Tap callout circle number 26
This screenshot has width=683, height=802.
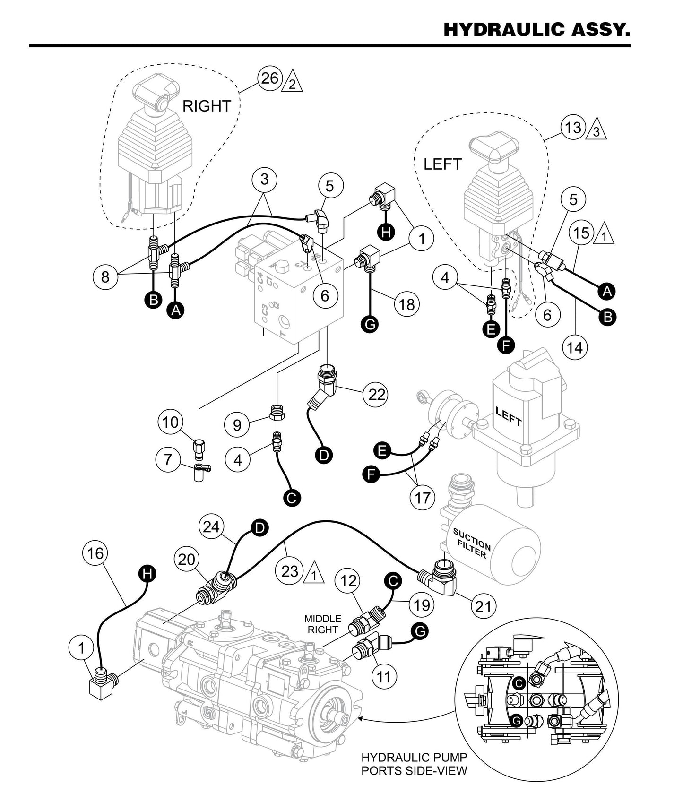click(270, 78)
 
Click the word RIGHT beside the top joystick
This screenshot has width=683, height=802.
click(207, 106)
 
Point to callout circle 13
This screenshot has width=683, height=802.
click(573, 127)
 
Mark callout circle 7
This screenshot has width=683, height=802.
click(169, 459)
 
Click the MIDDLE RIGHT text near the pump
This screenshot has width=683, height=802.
click(323, 624)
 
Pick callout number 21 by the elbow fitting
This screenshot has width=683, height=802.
click(483, 605)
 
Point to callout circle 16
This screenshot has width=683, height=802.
click(95, 552)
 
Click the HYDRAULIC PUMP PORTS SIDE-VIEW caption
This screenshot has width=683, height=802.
click(414, 764)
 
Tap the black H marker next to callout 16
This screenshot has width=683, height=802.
click(148, 574)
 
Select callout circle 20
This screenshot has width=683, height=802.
click(187, 559)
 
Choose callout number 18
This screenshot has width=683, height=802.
click(406, 304)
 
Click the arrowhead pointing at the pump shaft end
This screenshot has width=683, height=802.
click(361, 719)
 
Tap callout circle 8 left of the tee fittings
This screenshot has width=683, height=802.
click(105, 276)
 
